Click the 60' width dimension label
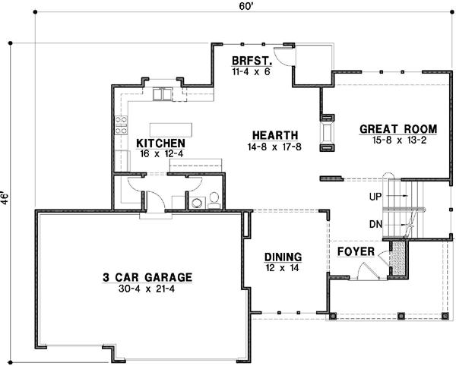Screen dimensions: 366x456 click(x=245, y=7)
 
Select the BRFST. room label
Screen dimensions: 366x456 click(x=249, y=62)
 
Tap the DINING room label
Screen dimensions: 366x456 click(x=283, y=257)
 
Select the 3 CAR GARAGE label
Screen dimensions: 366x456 click(x=147, y=278)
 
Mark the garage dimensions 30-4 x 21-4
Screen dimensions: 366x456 click(x=147, y=289)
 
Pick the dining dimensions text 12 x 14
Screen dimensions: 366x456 click(x=283, y=267)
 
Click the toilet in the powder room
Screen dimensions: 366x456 click(x=214, y=199)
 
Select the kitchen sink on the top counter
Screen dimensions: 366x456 click(x=163, y=95)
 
